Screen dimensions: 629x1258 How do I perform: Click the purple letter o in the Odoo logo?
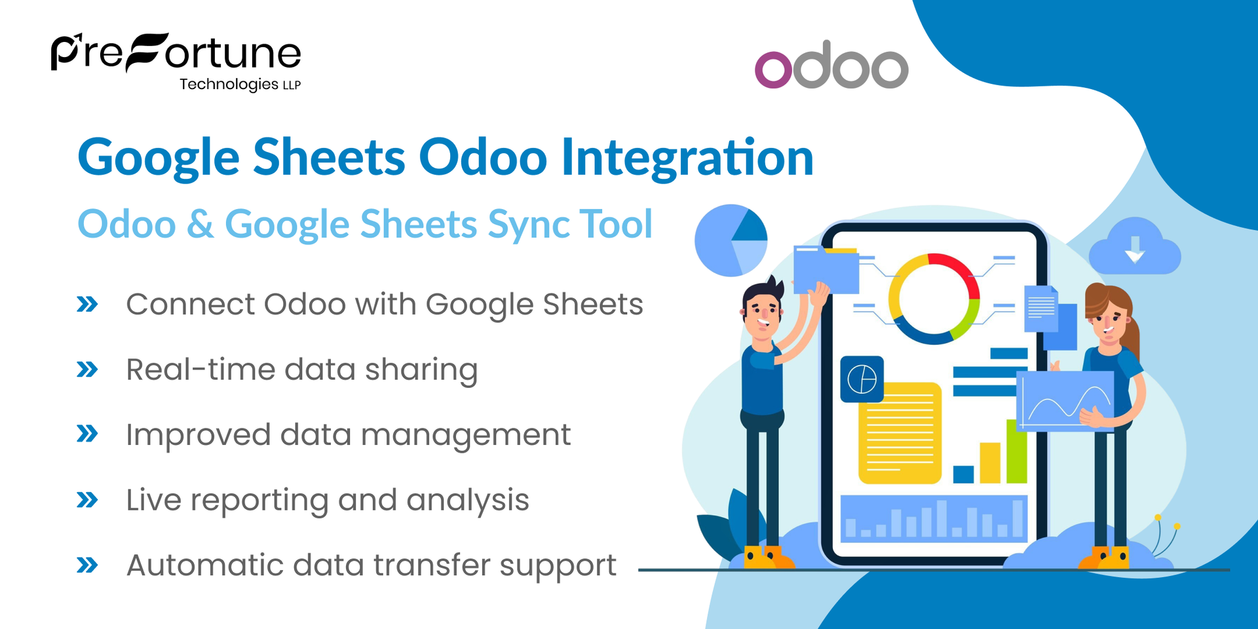[773, 69]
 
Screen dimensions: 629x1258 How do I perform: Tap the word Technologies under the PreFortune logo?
[229, 85]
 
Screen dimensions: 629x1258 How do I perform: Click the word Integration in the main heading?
[687, 157]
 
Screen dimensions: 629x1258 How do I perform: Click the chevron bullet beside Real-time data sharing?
[87, 370]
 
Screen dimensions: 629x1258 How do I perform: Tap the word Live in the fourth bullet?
[153, 500]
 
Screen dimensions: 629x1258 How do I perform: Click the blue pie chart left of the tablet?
[731, 240]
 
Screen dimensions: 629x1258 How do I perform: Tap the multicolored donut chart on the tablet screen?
[934, 299]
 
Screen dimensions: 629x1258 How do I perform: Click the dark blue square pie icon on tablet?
[862, 379]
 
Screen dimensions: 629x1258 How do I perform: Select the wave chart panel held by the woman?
[1065, 400]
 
